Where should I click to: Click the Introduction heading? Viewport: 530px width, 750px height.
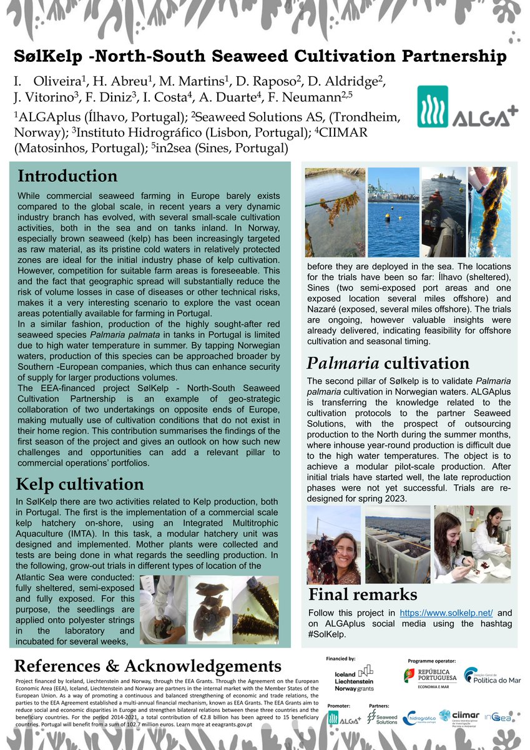pos(67,176)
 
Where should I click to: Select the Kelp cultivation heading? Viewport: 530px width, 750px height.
pos(79,484)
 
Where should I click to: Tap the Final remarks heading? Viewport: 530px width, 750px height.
pos(362,594)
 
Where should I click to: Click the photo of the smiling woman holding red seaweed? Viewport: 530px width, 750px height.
pos(334,545)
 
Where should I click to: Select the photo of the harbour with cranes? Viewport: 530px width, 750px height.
pos(393,212)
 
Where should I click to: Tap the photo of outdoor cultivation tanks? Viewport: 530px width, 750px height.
pos(397,545)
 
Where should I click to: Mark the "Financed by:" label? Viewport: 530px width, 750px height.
pos(341,659)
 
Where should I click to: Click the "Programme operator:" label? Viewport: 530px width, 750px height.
pos(431,661)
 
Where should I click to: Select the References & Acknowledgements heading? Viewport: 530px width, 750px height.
pos(147,665)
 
